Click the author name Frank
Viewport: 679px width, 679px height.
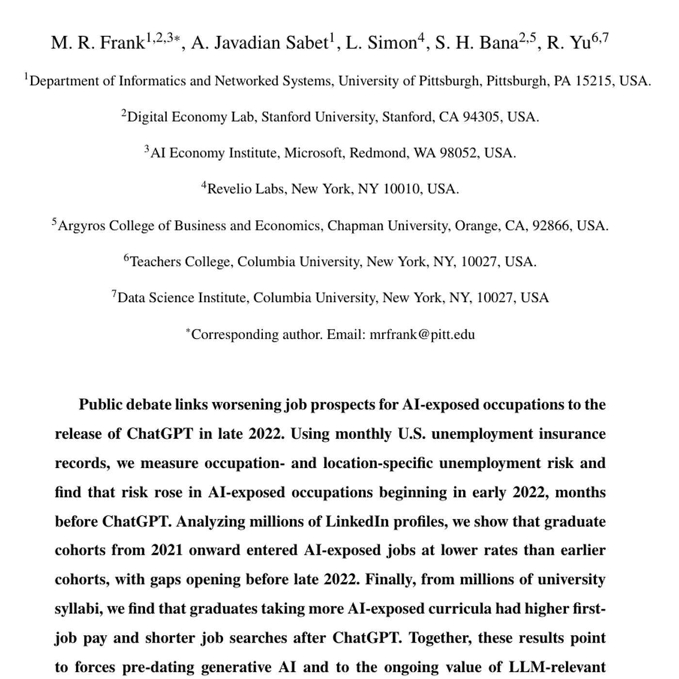122,43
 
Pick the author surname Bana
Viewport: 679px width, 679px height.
499,43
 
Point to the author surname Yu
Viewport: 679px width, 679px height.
581,43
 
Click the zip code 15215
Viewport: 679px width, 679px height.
593,81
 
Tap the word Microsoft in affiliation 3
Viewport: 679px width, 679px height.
314,153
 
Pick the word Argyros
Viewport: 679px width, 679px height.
81,226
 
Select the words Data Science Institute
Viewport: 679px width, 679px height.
182,298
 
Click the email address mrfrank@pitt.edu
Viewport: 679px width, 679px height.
422,335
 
